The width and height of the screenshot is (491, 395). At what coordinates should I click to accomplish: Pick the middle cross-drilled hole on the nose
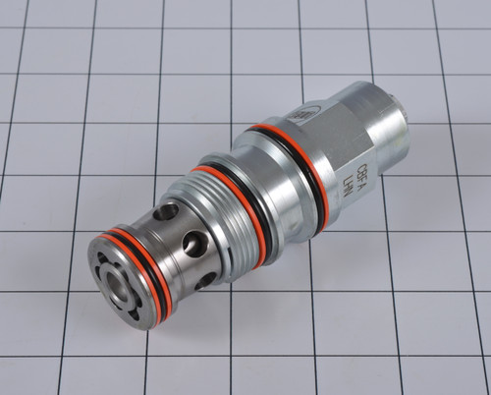click(x=194, y=243)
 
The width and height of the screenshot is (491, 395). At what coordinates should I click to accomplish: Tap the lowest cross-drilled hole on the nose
click(x=205, y=280)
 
